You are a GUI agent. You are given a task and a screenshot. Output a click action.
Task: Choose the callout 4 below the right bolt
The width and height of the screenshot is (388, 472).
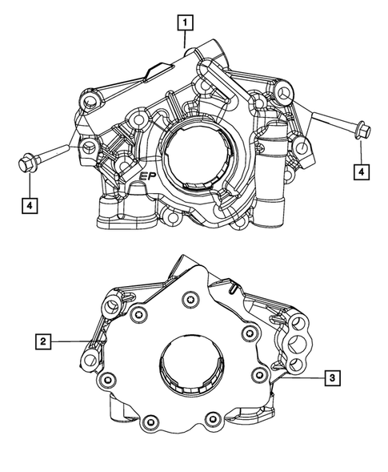tap(362, 171)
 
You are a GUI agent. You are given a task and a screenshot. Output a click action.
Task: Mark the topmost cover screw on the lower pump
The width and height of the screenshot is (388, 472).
tap(190, 301)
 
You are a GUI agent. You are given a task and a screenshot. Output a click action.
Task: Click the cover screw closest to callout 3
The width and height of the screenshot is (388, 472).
tap(257, 373)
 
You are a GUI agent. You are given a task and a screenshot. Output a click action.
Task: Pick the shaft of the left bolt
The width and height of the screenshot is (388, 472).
tap(56, 155)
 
